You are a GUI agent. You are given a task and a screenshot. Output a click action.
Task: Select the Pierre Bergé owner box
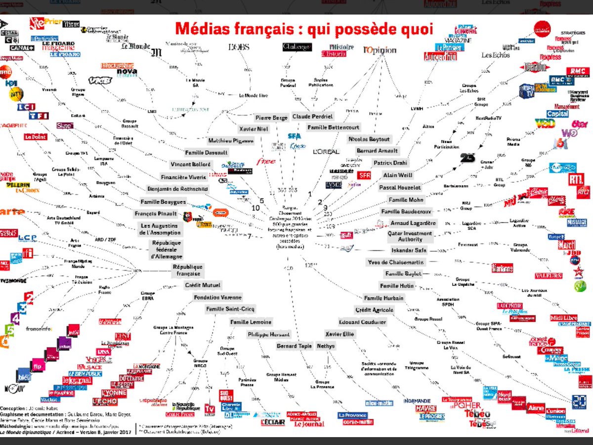tap(271, 118)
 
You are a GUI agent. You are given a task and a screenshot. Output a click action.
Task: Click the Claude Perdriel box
tap(313, 117)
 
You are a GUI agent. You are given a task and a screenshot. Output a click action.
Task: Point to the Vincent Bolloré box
tap(190, 164)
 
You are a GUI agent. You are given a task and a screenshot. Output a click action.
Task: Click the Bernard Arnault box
tap(377, 151)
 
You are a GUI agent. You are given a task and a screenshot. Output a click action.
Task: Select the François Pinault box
tap(156, 214)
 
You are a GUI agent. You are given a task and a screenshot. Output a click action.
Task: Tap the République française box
tap(187, 270)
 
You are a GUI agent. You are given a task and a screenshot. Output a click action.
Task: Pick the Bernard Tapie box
tap(294, 346)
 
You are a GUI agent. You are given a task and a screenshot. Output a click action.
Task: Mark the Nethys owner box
tap(326, 346)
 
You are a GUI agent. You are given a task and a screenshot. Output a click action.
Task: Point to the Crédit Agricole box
tap(375, 310)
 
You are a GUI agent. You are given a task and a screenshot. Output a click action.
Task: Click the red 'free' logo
tap(266, 162)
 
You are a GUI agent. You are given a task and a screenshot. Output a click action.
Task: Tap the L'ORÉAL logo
tap(326, 152)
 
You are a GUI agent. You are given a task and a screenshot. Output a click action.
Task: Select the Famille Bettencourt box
tap(333, 127)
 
